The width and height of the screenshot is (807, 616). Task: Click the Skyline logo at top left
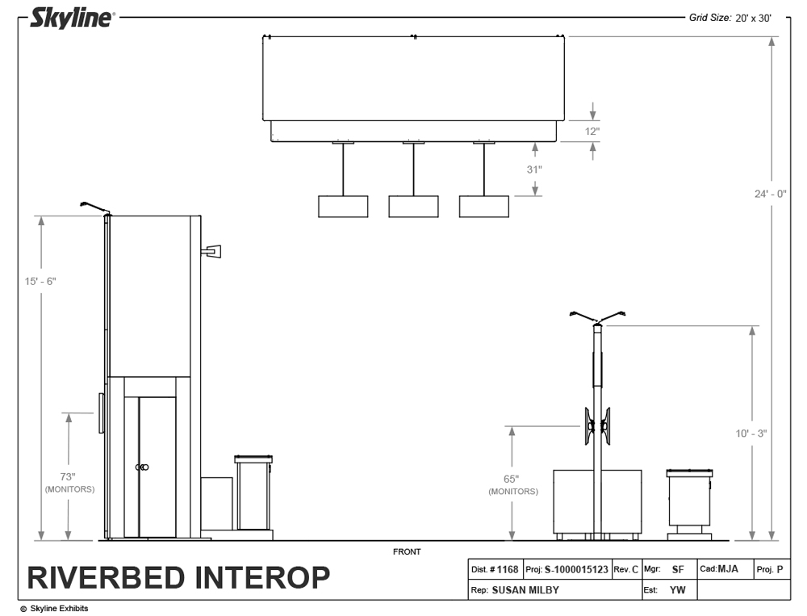point(71,18)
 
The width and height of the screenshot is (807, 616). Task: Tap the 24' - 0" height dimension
point(771,194)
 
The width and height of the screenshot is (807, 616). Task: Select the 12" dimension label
point(592,130)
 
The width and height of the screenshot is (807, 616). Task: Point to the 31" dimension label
point(534,170)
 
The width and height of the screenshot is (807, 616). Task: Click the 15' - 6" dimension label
point(40,281)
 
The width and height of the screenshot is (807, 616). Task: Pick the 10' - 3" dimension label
point(751,434)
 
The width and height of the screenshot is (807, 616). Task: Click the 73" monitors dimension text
point(69,482)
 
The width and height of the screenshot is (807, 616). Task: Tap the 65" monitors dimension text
point(512,484)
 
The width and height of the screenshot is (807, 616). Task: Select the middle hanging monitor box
point(413,207)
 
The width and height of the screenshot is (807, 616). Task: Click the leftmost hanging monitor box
point(343,207)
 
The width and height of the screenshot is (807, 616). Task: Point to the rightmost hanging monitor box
point(484,207)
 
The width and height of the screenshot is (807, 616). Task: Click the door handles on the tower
point(142,467)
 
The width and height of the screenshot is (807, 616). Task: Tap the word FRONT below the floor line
point(407,552)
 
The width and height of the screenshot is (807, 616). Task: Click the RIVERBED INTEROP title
point(178,578)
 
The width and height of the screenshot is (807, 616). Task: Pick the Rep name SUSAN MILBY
point(525,590)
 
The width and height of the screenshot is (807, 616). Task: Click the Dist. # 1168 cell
point(495,569)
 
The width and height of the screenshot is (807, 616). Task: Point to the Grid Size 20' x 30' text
point(730,17)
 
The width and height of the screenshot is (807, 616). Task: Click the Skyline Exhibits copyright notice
point(54,609)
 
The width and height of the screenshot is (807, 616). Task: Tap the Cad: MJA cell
point(720,569)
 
